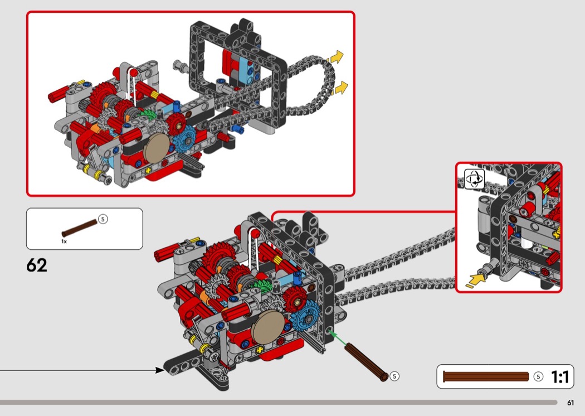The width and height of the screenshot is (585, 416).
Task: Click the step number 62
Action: click(x=37, y=265)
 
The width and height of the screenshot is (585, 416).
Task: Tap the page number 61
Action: click(x=570, y=403)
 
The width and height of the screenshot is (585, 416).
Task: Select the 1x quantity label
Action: click(x=64, y=241)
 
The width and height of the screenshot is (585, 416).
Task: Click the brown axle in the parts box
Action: click(x=80, y=228)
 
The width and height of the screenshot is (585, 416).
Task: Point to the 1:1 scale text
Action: click(x=559, y=376)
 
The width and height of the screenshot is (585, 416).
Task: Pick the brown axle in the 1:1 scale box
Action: click(x=486, y=376)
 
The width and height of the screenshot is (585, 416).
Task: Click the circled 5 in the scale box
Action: click(x=538, y=376)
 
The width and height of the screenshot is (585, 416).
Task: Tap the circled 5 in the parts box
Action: click(x=103, y=219)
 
